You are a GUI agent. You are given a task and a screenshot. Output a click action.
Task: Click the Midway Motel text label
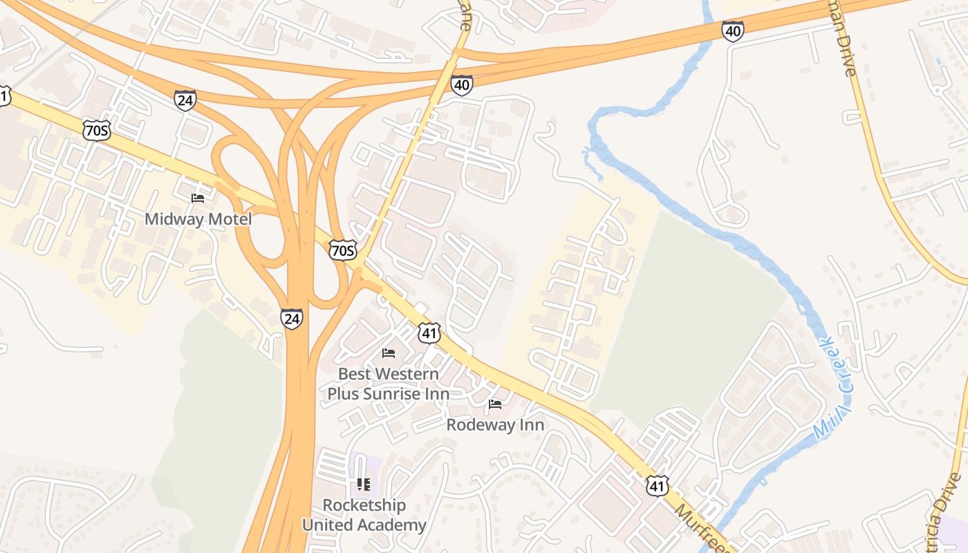tap(198, 220)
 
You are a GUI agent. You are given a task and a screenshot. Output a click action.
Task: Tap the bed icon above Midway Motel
tap(198, 198)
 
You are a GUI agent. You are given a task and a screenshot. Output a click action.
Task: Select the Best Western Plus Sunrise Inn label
tap(388, 384)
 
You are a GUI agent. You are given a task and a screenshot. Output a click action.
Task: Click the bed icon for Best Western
tap(389, 353)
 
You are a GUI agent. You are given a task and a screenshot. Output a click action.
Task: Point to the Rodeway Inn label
tap(495, 424)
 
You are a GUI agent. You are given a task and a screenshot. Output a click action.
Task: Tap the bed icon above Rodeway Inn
tap(495, 404)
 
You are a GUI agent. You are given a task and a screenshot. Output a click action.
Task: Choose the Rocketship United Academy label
tap(364, 515)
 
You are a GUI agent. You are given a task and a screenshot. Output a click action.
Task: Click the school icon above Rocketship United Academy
tap(364, 485)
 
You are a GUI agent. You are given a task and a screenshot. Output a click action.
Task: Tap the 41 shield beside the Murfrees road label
tap(658, 485)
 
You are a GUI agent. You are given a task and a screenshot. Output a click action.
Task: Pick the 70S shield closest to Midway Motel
tap(96, 130)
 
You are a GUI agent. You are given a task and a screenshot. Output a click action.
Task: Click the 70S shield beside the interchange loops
tap(342, 250)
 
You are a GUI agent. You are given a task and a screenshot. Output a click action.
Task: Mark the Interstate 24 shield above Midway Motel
tap(185, 100)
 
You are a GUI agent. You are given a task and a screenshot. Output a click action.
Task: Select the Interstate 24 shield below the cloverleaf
tap(292, 318)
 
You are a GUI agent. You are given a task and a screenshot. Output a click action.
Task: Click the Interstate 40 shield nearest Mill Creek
tap(732, 31)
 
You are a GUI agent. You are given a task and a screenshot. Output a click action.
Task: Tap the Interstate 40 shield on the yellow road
tap(462, 85)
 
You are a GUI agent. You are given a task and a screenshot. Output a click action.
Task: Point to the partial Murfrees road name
tap(698, 527)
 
